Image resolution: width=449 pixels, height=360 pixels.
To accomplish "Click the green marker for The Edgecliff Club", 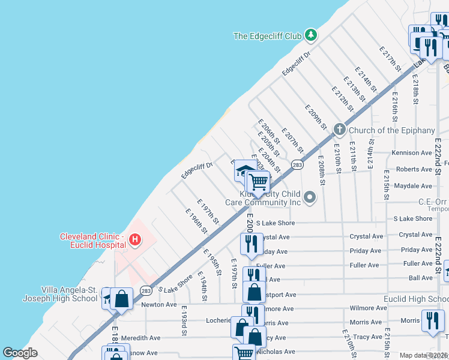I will coord(310,35).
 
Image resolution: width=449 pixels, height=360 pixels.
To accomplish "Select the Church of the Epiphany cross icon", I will coord(339,130).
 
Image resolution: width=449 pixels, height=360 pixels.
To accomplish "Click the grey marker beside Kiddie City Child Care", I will coord(310,197).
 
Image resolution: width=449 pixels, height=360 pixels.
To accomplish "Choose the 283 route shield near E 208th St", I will coord(297,164).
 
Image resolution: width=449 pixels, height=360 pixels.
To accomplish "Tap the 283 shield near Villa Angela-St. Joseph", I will coord(146,290).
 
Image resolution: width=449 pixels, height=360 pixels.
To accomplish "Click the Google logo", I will coord(20,353).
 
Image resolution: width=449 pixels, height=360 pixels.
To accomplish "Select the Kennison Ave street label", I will coord(412,153).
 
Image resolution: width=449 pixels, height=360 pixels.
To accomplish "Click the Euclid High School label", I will coord(416,299).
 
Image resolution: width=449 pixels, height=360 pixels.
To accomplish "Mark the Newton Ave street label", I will coord(158,305).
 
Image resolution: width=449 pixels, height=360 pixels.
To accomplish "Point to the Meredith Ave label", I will coord(140,338).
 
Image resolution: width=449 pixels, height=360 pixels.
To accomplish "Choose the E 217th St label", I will coord(390,57).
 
